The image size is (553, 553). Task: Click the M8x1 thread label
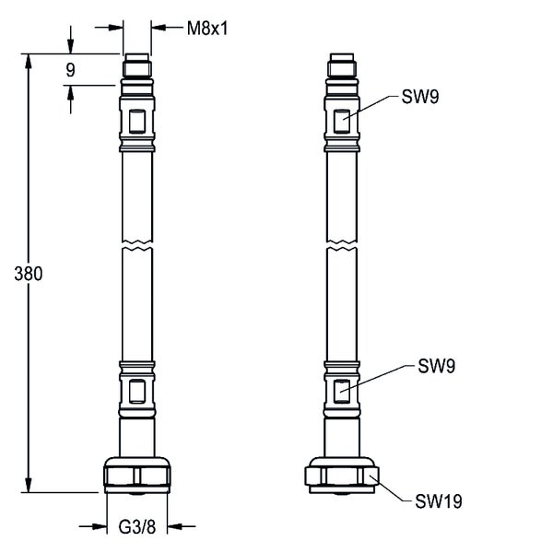[207, 28]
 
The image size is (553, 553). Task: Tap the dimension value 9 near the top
[70, 69]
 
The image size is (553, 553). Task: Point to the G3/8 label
[137, 527]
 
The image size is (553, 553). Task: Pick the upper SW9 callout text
[419, 97]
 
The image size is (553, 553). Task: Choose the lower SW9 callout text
[437, 366]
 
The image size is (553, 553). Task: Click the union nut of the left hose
[136, 475]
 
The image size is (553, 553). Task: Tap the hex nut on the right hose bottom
[342, 476]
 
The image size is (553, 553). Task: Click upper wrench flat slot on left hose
[136, 121]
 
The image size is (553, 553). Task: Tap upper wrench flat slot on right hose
[342, 121]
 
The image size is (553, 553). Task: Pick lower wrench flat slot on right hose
[342, 389]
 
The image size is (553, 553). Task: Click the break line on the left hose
[136, 247]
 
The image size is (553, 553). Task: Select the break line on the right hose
[342, 247]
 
